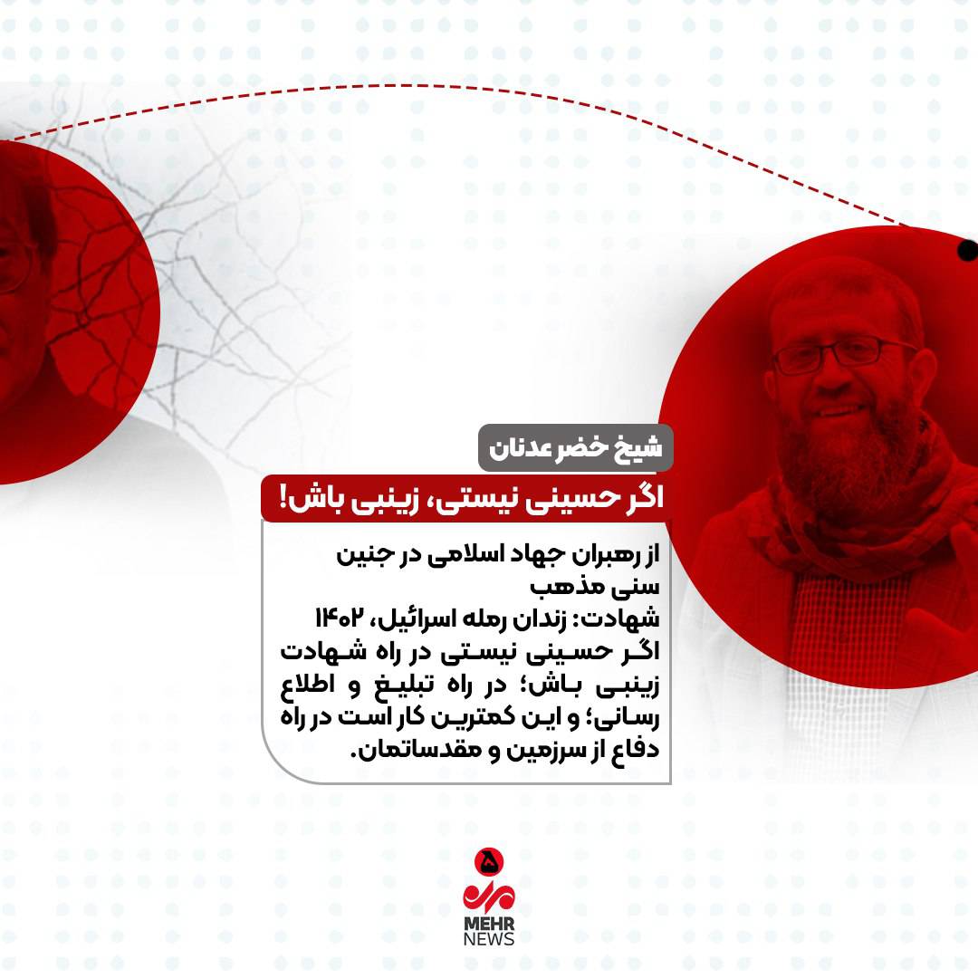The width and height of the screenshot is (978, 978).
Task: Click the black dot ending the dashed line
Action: coord(968,250)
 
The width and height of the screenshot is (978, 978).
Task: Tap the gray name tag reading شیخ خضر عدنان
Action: coord(575,448)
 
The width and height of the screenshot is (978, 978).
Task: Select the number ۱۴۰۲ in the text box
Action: coord(340,618)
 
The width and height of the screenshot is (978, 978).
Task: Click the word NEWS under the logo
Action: coord(489,939)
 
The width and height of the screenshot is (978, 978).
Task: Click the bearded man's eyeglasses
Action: coord(843,351)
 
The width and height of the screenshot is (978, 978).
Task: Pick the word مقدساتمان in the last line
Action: coord(413,749)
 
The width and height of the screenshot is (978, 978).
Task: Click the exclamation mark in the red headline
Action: coord(283,498)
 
